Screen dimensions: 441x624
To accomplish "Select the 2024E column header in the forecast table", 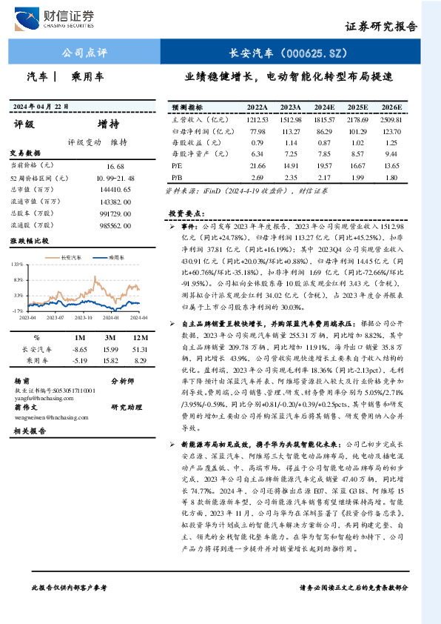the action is (x=324, y=107).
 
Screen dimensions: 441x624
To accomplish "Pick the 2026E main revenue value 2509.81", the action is (x=391, y=119).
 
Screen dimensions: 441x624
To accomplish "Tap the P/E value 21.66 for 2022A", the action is (x=257, y=167).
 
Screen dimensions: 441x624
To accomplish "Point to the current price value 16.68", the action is (x=115, y=165).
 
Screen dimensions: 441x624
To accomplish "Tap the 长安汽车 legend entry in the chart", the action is (x=71, y=256).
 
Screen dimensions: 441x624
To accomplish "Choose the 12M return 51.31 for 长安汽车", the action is (x=140, y=348).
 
